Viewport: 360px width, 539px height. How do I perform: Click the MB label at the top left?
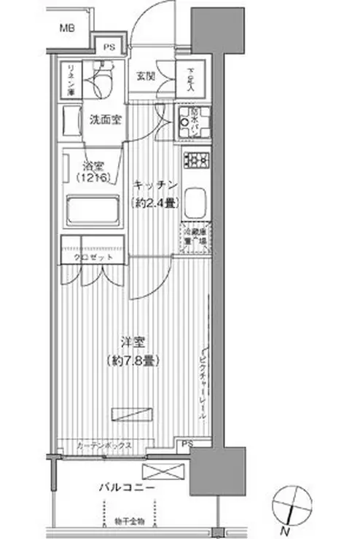coord(67,28)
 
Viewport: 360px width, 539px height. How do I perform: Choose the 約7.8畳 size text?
coord(132,360)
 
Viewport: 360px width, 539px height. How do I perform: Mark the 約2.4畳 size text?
coord(154,204)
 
